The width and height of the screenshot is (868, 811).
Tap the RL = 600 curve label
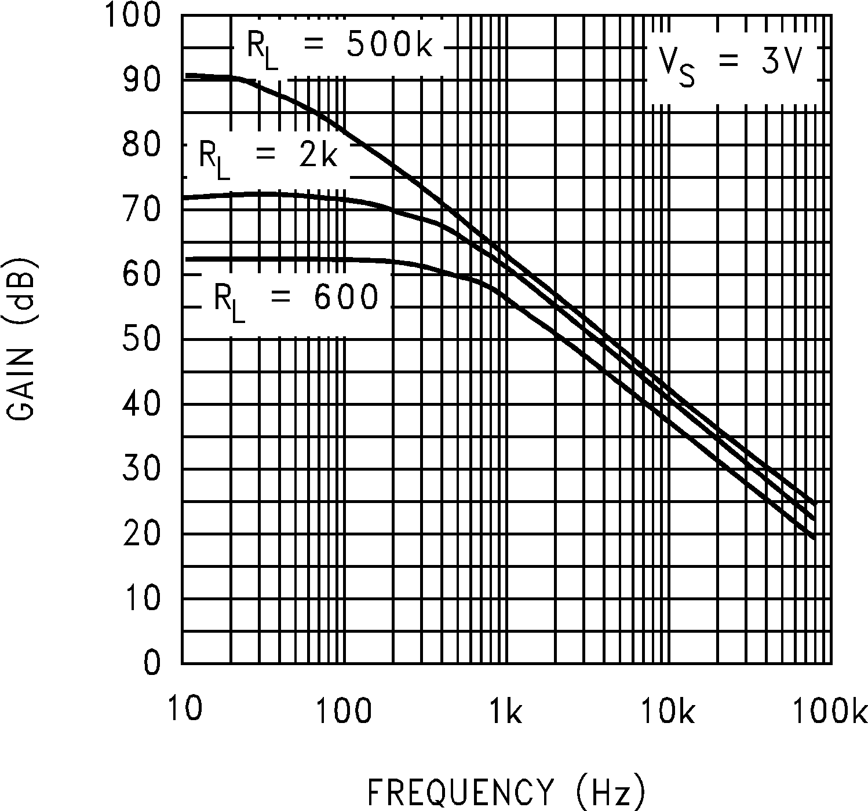point(296,300)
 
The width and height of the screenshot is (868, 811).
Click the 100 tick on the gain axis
point(132,16)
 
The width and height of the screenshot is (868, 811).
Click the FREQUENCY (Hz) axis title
point(506,791)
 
